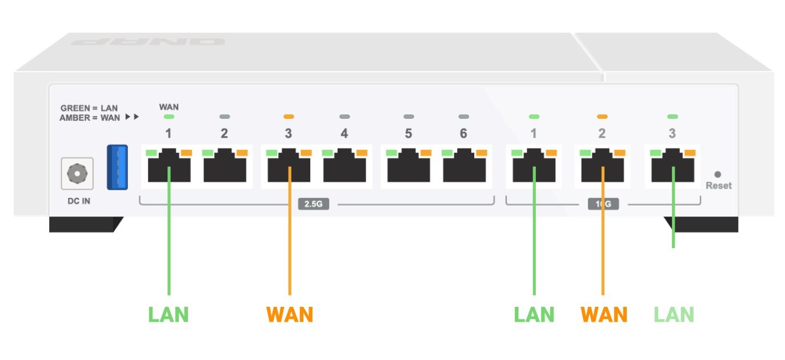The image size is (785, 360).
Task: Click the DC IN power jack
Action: (77, 173)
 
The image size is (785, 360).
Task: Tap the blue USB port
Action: (118, 167)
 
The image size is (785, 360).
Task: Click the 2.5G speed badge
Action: (313, 203)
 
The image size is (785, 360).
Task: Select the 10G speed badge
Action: (603, 203)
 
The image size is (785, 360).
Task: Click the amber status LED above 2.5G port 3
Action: (289, 117)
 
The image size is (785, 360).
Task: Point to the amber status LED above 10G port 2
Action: (602, 117)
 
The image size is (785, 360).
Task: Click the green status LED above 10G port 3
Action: (672, 117)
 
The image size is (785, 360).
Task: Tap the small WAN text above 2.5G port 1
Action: (169, 107)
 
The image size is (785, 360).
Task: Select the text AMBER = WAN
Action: (90, 118)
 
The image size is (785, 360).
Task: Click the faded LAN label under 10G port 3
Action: (674, 314)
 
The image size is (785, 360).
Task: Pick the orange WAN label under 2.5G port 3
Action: (289, 314)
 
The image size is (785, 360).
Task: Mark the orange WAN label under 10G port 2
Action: (604, 314)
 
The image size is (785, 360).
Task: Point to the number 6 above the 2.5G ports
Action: (463, 134)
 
